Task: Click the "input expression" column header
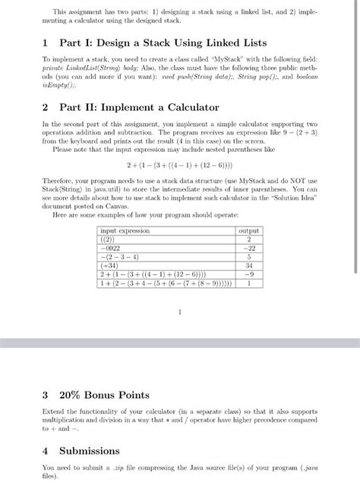pyautogui.click(x=126, y=230)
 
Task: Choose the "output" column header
pyautogui.click(x=248, y=230)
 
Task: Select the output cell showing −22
pyautogui.click(x=248, y=248)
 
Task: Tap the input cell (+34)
pyautogui.click(x=111, y=266)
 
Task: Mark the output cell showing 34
pyautogui.click(x=248, y=266)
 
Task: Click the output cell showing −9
pyautogui.click(x=248, y=275)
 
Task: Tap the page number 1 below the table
pyautogui.click(x=179, y=311)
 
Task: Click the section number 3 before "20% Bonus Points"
pyautogui.click(x=46, y=395)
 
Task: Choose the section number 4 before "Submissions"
pyautogui.click(x=46, y=451)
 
